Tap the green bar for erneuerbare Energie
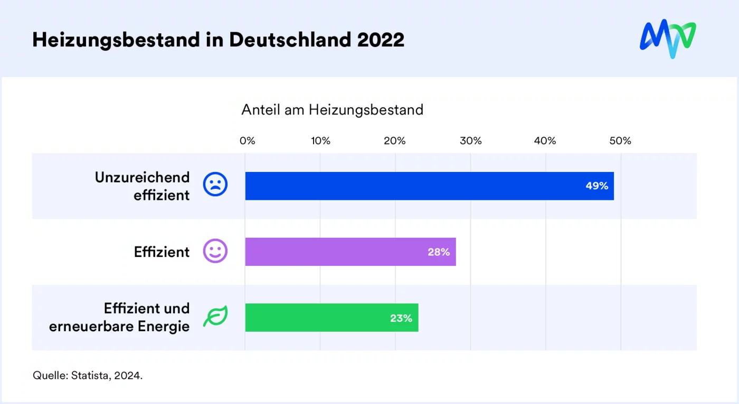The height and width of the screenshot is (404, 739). point(317,318)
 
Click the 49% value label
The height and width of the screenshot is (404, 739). point(597,186)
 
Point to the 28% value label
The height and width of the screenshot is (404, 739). point(439,252)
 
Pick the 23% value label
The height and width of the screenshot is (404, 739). point(401,318)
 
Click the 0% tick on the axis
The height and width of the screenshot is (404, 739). point(247,141)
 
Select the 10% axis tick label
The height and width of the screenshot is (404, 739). point(320,141)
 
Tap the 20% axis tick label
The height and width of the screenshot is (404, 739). point(395,141)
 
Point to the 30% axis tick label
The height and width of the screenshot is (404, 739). point(470,141)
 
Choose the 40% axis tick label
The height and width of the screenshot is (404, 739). point(545,141)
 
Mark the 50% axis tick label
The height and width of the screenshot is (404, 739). point(620,141)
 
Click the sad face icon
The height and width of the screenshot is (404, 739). point(215,185)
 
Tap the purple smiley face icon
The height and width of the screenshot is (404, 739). point(215,251)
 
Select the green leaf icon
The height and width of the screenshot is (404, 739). point(215,316)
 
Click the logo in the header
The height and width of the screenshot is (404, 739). point(668,39)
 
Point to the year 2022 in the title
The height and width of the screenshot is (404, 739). point(381,40)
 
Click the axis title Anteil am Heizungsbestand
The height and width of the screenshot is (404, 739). point(332,110)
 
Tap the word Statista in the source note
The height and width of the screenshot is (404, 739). point(90,376)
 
